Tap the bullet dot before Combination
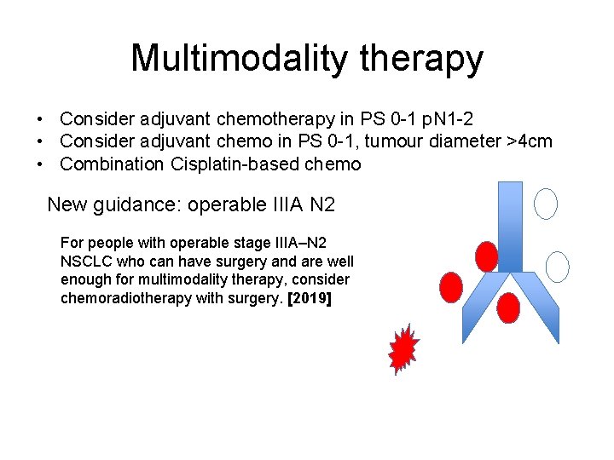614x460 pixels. pyautogui.click(x=40, y=164)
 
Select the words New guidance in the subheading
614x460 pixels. pyautogui.click(x=113, y=204)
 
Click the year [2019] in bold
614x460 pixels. pyautogui.click(x=310, y=299)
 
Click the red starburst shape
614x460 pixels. pyautogui.click(x=403, y=349)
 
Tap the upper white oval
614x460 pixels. pyautogui.click(x=546, y=203)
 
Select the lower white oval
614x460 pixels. pyautogui.click(x=557, y=267)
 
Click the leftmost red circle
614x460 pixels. pyautogui.click(x=450, y=288)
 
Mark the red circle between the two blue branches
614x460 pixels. pyautogui.click(x=508, y=308)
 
